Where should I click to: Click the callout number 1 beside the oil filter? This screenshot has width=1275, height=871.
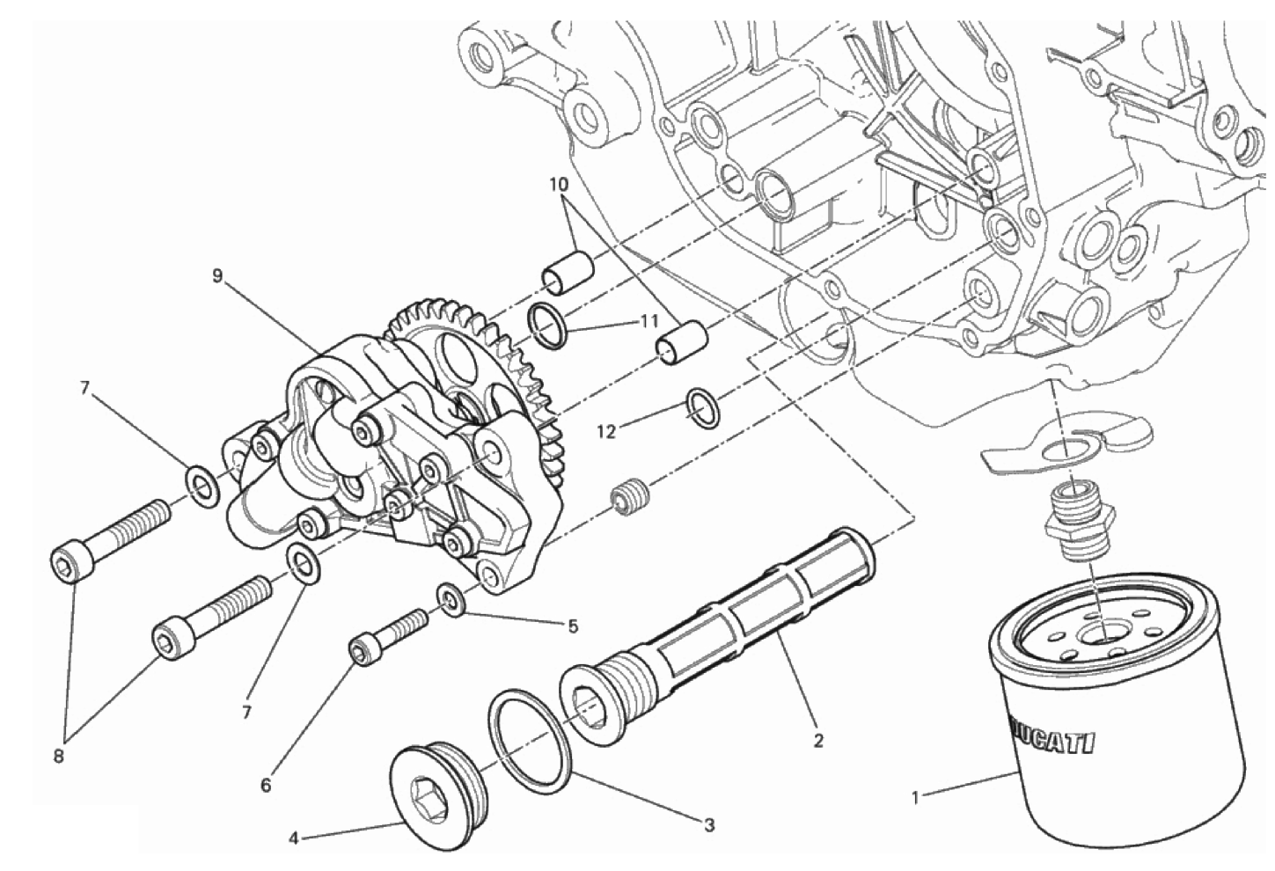(916, 799)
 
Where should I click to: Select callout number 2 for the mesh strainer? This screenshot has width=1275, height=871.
(818, 741)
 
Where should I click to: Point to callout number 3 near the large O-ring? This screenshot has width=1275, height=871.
(708, 825)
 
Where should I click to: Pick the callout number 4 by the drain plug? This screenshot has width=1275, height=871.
(294, 838)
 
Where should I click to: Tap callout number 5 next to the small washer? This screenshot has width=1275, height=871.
(573, 626)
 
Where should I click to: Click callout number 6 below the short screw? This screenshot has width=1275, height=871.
(266, 785)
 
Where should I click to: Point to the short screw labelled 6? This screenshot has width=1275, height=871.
(389, 635)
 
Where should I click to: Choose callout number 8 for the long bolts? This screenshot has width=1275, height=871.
(59, 758)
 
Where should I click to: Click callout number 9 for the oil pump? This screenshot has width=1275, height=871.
(216, 276)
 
